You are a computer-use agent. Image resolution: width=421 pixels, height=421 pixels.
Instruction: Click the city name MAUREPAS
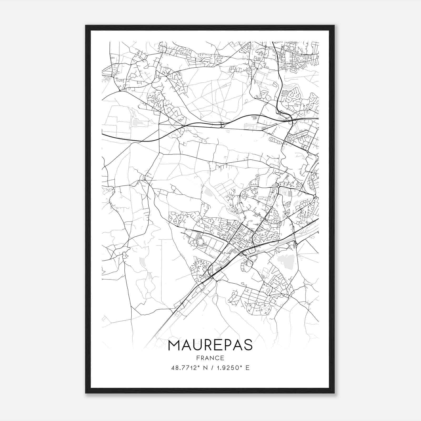click(x=210, y=345)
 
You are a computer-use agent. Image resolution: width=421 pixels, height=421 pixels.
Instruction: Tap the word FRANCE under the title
click(x=210, y=358)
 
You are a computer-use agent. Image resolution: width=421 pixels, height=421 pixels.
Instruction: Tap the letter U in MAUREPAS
click(x=197, y=345)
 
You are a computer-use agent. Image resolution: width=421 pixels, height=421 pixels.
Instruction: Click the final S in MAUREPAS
click(x=248, y=345)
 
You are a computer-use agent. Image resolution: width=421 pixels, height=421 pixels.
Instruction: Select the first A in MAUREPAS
click(x=186, y=345)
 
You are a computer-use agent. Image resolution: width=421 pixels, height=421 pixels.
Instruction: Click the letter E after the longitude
click(x=247, y=368)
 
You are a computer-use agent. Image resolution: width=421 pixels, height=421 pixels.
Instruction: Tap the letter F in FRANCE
click(x=197, y=358)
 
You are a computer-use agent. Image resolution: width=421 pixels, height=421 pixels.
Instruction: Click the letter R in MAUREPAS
click(x=208, y=345)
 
